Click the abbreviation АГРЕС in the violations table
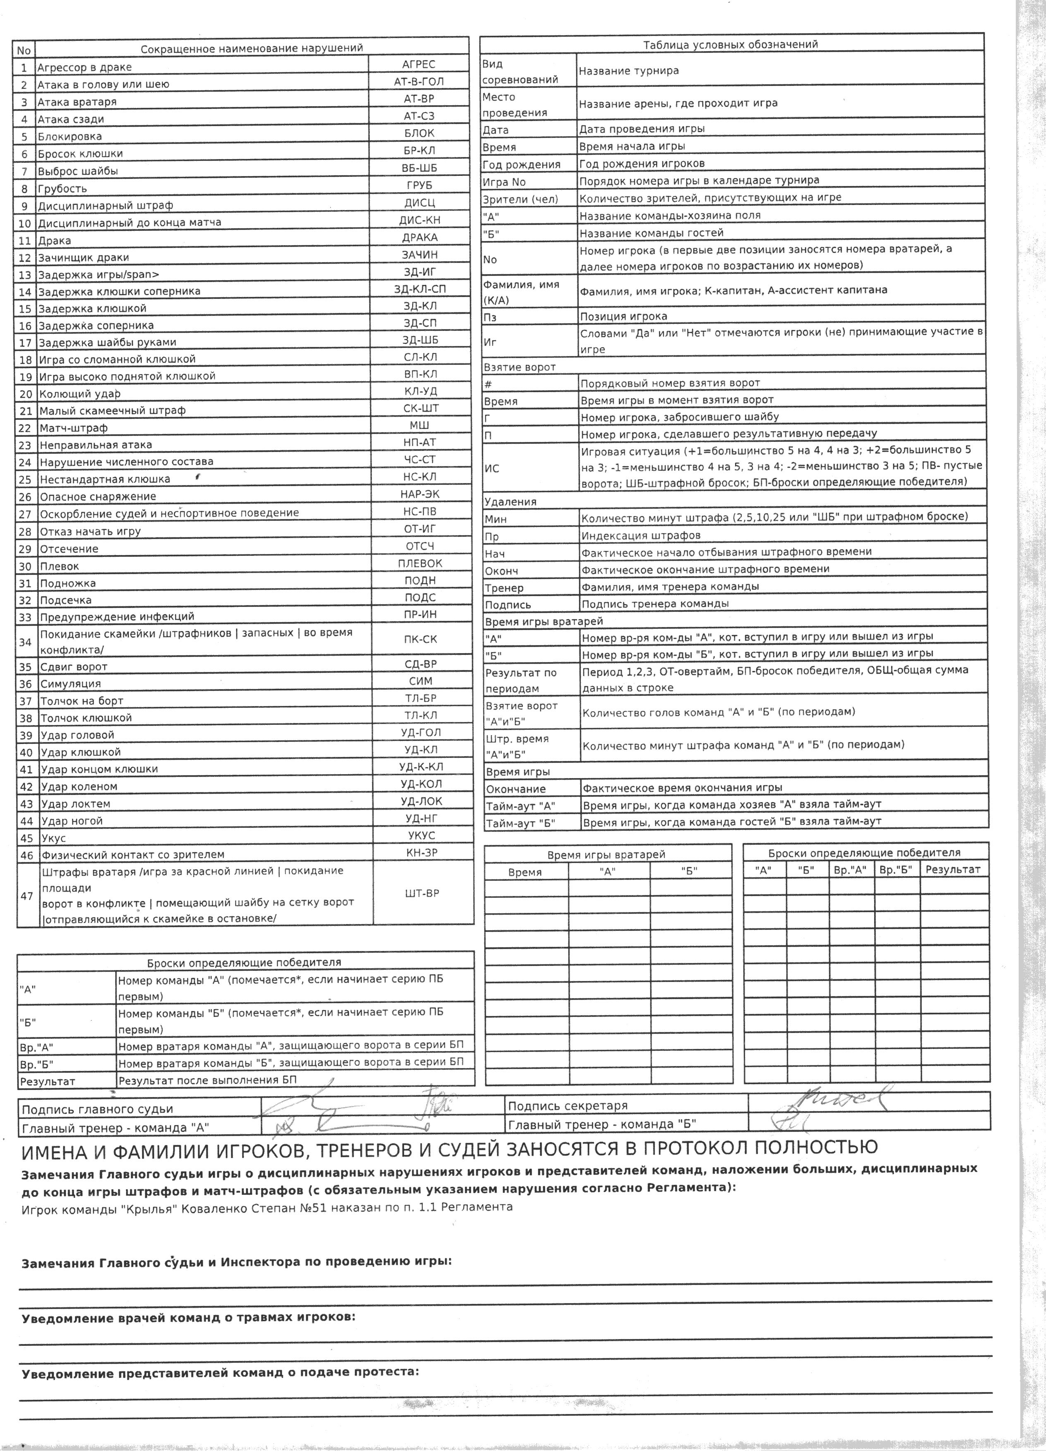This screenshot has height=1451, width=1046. pos(418,64)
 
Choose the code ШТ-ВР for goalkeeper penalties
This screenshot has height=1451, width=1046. pos(422,893)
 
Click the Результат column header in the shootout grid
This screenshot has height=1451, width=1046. pos(952,869)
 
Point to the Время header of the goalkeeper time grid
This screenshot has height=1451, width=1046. pos(525,873)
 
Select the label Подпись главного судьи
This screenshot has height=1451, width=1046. pos(97,1109)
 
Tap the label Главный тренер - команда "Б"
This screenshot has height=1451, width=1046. pos(601,1124)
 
